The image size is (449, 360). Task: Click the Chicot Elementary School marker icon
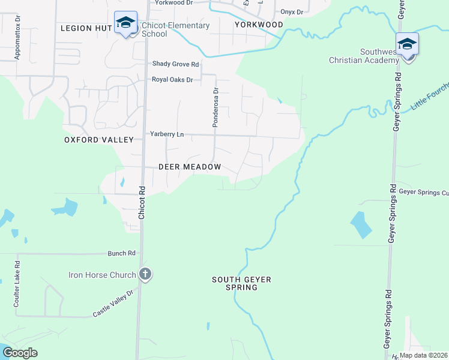pos(125,23)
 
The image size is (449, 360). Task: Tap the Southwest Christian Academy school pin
pos(407,45)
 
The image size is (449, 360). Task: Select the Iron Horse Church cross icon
pos(145,275)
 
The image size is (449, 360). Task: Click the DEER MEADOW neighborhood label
pos(190,167)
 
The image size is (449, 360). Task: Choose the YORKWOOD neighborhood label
pos(259,25)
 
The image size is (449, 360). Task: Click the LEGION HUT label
pos(85,28)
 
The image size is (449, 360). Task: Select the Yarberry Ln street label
pos(167,134)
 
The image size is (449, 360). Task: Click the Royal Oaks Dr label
pos(172,79)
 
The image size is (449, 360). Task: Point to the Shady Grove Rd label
pos(175,64)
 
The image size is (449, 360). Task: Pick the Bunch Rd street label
pos(122,253)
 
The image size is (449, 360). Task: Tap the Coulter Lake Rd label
pos(17,281)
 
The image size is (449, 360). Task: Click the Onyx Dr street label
pos(292,12)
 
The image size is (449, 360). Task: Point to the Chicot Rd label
pos(142,201)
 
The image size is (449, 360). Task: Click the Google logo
pos(20,353)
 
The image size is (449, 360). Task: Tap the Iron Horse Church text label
pos(103,275)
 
